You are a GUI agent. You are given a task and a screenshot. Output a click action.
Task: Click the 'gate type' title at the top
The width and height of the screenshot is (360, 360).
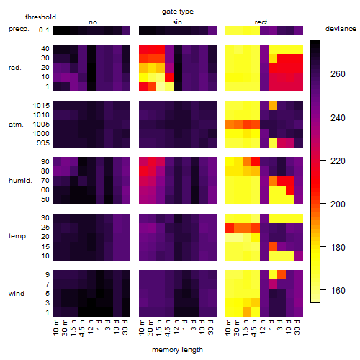[178, 12]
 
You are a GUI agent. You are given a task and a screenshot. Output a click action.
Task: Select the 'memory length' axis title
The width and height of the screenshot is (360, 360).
[177, 350]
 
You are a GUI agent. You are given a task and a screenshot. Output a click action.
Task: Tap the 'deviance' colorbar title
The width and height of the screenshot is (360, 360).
[341, 29]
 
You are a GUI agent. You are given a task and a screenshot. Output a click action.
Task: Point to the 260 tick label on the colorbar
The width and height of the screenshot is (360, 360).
[338, 74]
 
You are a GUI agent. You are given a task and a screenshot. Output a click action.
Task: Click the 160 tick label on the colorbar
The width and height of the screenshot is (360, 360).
[338, 291]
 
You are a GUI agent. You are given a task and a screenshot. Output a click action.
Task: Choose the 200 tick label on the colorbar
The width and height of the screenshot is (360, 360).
[338, 204]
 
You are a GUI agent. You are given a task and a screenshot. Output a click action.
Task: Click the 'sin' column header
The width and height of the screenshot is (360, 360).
[177, 22]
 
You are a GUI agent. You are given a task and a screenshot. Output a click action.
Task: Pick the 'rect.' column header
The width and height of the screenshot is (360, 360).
[262, 22]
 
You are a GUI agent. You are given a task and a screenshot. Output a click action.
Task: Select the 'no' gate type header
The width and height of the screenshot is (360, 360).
[93, 22]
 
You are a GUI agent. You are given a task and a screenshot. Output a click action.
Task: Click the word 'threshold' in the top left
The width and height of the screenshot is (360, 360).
[40, 17]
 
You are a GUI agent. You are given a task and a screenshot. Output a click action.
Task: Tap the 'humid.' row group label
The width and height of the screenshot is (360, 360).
[20, 181]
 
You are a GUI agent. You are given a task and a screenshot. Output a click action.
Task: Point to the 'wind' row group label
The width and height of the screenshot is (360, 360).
[17, 294]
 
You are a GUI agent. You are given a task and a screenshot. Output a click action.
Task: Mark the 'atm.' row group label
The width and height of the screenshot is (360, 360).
[16, 125]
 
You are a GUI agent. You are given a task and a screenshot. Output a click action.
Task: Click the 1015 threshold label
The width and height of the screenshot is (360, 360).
[41, 106]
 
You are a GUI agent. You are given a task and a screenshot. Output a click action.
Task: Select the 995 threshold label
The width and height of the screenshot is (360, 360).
[43, 143]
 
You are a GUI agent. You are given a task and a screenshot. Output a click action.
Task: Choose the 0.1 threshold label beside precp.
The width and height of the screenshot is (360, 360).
[44, 30]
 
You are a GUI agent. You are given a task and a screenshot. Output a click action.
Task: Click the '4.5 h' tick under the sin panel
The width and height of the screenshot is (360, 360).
[168, 328]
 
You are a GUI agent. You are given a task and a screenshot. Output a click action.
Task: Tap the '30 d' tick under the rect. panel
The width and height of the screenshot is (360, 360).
[297, 328]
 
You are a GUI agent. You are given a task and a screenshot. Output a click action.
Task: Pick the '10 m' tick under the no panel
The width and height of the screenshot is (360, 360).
[56, 328]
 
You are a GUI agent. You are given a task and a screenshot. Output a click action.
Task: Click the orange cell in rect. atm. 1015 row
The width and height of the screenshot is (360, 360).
[273, 106]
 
